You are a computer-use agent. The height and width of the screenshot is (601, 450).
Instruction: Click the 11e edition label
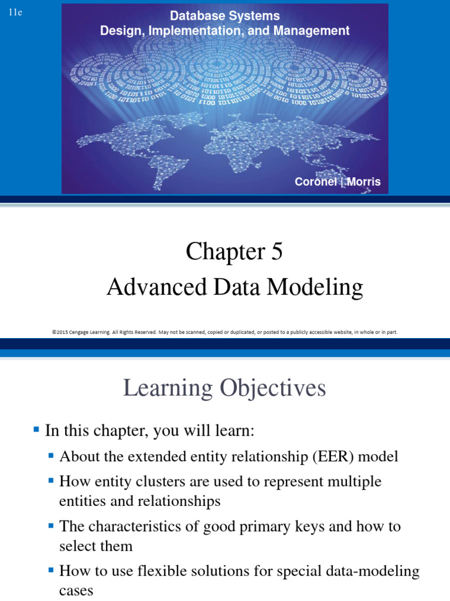tap(15, 13)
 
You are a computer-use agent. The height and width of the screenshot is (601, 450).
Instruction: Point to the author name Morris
tap(364, 182)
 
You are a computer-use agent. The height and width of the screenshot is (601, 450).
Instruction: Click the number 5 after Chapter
tap(276, 252)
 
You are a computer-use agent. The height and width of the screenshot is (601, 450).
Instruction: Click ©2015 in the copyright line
tap(62, 332)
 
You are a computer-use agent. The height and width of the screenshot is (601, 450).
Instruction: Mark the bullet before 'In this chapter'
tap(36, 429)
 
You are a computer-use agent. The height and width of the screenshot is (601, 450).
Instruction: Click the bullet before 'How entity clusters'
tap(52, 481)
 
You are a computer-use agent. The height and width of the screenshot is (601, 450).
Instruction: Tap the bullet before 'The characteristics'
tap(52, 525)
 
